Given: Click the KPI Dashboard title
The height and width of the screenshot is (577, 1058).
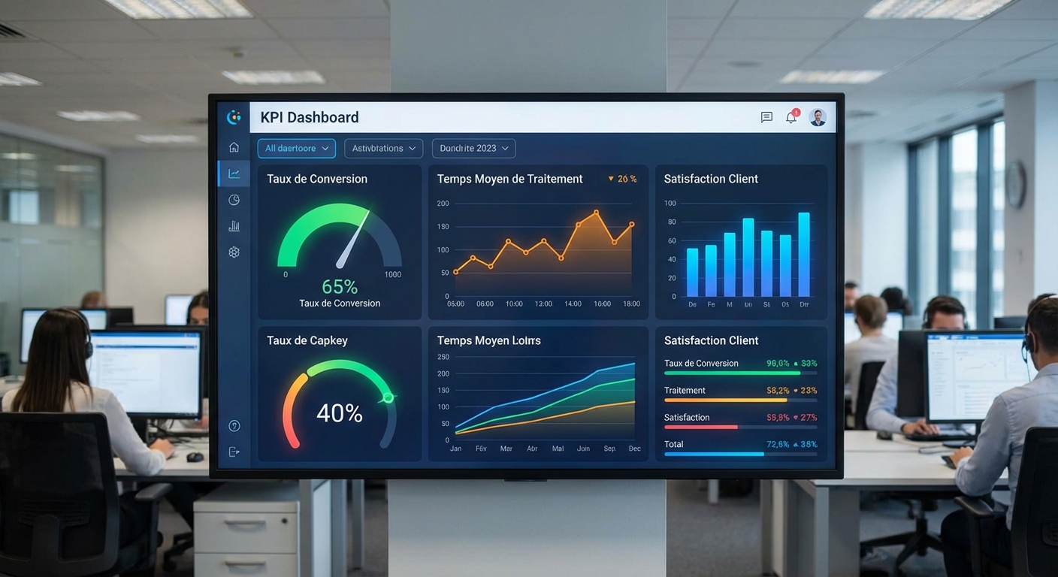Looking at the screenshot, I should pyautogui.click(x=310, y=117).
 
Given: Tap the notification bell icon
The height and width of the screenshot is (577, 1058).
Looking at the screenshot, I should pyautogui.click(x=791, y=117).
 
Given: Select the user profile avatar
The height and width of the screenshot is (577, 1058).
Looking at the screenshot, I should pyautogui.click(x=818, y=117).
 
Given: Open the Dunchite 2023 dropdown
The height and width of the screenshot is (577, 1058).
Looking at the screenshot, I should pyautogui.click(x=473, y=149).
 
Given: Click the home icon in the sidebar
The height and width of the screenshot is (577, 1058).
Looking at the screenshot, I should pyautogui.click(x=234, y=147).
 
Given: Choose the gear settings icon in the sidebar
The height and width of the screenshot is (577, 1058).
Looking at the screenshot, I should pyautogui.click(x=234, y=252).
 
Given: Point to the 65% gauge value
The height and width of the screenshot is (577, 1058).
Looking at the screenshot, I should pyautogui.click(x=340, y=287).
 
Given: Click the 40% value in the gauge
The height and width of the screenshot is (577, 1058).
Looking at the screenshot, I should pyautogui.click(x=340, y=413).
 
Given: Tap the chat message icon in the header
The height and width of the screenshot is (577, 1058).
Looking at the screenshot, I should pyautogui.click(x=766, y=117).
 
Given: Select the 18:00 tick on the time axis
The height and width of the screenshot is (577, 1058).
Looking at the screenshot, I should pyautogui.click(x=631, y=304).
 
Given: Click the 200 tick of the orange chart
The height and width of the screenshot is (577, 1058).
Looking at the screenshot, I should pyautogui.click(x=443, y=204).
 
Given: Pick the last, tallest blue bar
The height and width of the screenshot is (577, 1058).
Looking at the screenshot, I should pyautogui.click(x=804, y=255).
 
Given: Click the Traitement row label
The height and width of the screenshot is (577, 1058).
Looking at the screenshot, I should pyautogui.click(x=685, y=391).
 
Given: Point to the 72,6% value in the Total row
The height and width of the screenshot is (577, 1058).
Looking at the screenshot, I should pyautogui.click(x=778, y=445).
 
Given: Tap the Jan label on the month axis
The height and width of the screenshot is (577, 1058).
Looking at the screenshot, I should pyautogui.click(x=455, y=449).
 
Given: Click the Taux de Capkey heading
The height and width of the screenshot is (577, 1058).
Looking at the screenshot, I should pyautogui.click(x=307, y=340).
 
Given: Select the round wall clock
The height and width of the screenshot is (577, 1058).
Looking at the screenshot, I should pyautogui.click(x=1015, y=185).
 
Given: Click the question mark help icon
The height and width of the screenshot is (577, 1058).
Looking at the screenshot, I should pyautogui.click(x=234, y=426).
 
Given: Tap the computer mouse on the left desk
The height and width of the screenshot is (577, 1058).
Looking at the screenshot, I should pyautogui.click(x=195, y=456).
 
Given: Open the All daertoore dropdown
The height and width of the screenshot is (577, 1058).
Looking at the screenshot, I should pyautogui.click(x=296, y=149).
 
